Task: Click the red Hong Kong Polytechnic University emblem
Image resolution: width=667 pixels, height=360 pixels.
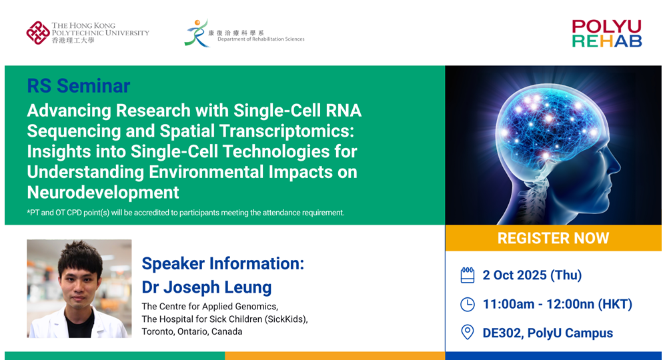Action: pos(38,33)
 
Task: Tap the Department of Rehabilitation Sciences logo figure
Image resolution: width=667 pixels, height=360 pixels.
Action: pos(196,33)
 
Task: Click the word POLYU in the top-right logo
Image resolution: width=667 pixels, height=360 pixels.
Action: pos(606,27)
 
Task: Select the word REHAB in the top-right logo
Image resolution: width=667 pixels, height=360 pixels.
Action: pos(606,41)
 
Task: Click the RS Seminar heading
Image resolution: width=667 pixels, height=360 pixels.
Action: pos(78,86)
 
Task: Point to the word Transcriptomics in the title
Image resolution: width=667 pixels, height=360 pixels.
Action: pos(277,131)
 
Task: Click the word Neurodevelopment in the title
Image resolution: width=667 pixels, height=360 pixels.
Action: pos(103,192)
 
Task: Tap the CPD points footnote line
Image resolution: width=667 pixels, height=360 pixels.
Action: pos(185,213)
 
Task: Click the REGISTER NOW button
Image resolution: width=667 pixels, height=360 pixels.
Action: pos(553,238)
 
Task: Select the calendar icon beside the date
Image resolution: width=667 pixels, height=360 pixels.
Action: pos(467,275)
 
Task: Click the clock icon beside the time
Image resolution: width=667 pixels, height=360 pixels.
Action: pos(467,304)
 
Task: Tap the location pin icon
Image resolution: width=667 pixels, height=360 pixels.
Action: pos(467,333)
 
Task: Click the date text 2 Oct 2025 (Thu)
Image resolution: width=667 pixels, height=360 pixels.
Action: pos(532,275)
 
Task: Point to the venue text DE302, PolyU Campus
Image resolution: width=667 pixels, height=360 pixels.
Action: pos(548,333)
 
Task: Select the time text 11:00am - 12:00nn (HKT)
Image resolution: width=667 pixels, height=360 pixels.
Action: pos(557,304)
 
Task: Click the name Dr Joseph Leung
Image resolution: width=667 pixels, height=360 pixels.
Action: pos(206,287)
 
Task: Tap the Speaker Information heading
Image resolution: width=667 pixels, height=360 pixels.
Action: pos(223,263)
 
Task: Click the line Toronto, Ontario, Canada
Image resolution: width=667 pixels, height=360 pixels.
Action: pos(192,331)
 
